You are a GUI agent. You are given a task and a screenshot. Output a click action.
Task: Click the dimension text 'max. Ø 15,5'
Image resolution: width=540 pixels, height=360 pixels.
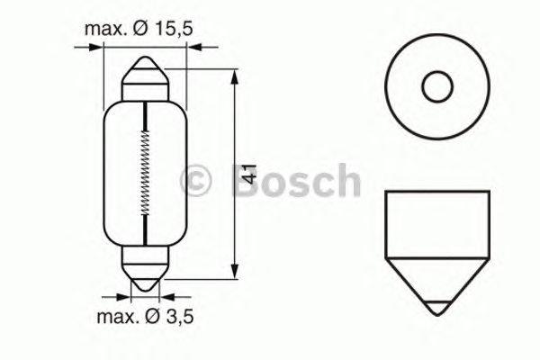pos(139,30)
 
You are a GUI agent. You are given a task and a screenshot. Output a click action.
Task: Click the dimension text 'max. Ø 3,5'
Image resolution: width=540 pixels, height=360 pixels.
pos(143,316)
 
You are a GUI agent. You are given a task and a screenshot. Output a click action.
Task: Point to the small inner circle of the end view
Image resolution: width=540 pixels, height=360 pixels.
pos(436,87)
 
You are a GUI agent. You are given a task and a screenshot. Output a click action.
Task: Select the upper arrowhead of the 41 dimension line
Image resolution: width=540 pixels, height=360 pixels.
pos(234,71)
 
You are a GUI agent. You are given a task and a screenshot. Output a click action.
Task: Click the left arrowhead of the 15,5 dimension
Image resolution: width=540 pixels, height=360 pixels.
pos(100,50)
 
